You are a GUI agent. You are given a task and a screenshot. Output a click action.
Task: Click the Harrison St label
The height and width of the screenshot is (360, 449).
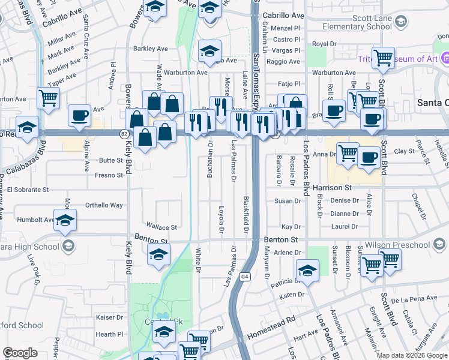331,187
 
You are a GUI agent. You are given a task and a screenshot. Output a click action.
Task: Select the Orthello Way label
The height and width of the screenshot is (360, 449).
104,205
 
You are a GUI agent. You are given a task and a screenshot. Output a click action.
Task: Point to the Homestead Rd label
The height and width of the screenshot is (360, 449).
276,323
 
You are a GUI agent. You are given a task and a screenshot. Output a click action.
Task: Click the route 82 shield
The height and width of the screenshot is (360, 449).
123,133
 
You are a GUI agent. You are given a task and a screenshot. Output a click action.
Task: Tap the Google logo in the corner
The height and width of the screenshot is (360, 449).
20,353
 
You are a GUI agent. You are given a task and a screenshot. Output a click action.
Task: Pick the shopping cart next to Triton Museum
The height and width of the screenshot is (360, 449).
382,59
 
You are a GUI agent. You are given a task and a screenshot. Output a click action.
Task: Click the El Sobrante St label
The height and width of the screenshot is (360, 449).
28,190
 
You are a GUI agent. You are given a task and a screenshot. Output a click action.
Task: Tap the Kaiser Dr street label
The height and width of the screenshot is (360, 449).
109,317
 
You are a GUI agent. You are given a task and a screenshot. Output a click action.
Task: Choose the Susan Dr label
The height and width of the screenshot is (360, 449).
287,201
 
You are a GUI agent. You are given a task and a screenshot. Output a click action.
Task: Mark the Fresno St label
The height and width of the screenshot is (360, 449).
109,175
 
